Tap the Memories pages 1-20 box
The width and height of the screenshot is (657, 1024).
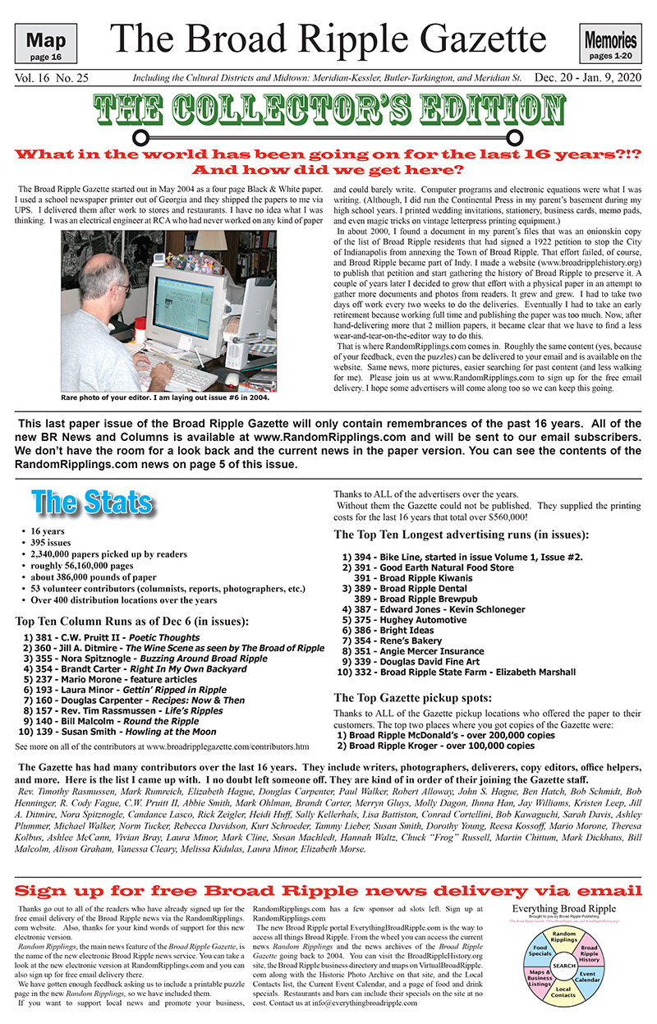(610, 44)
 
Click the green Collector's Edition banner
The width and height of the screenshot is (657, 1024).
(328, 112)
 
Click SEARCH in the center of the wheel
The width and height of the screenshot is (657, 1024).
(563, 966)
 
